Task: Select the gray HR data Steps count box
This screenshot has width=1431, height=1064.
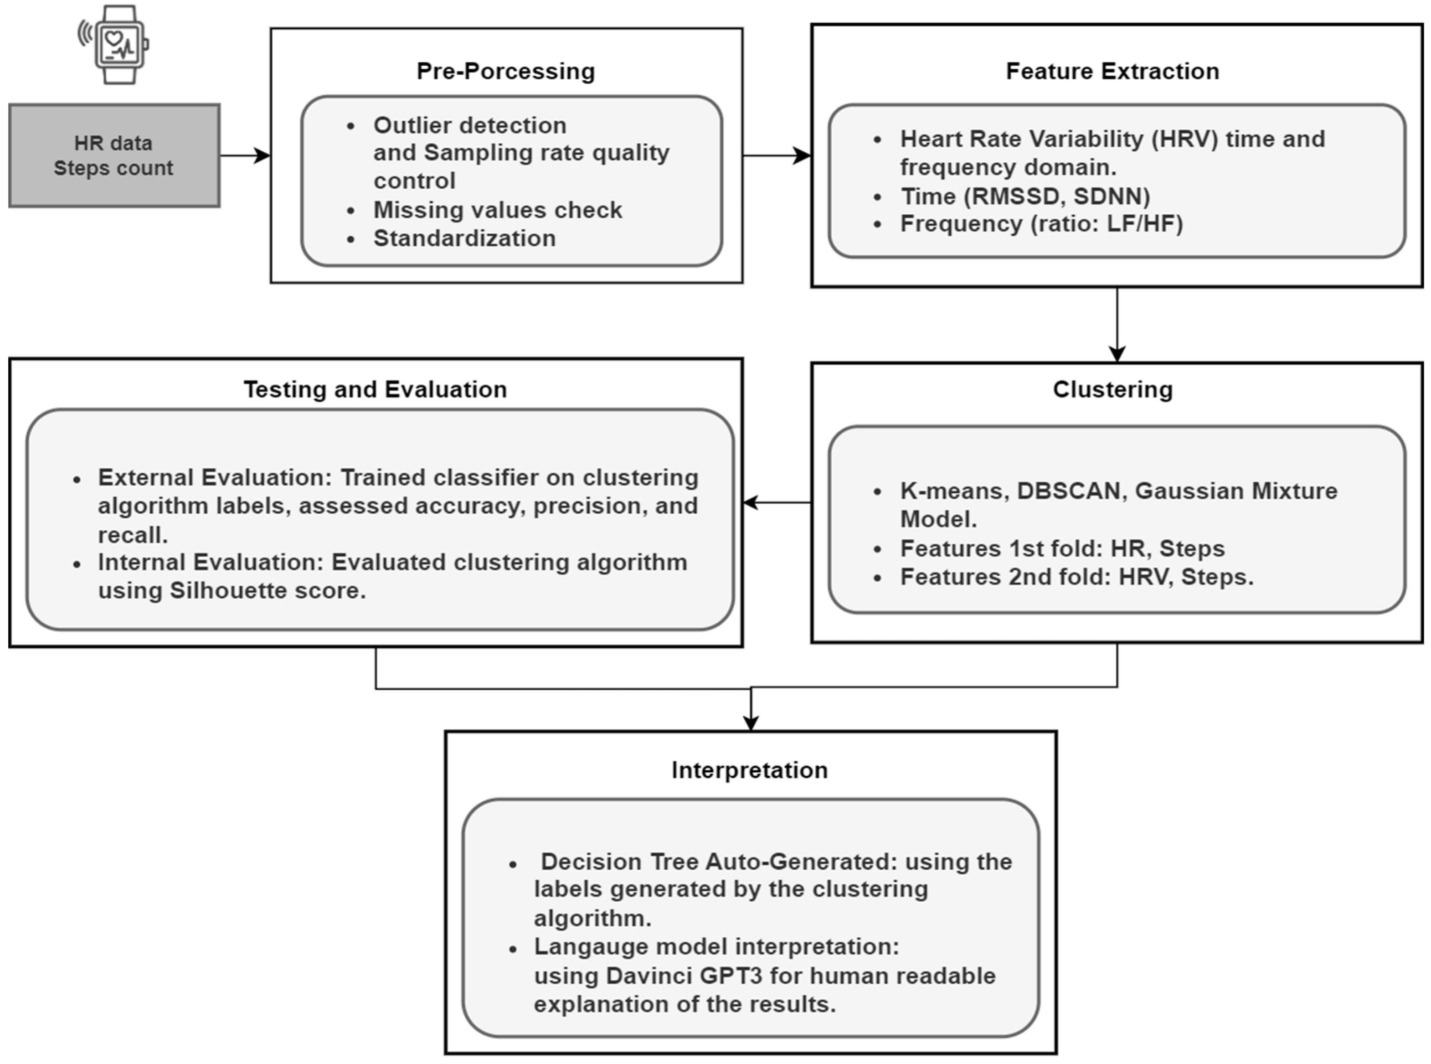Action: tap(114, 155)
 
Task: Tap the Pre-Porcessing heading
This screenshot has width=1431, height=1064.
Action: tap(505, 71)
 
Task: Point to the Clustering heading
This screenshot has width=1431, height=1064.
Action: tap(1112, 389)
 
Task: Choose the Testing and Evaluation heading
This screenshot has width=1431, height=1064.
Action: tap(375, 389)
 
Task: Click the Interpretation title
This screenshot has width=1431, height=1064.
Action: tap(749, 770)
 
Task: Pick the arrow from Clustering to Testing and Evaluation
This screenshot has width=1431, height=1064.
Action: tap(776, 502)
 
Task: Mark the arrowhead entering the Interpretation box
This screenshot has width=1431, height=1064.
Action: tap(751, 722)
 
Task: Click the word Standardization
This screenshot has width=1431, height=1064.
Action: tap(464, 238)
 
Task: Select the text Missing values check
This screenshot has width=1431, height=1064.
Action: tap(498, 210)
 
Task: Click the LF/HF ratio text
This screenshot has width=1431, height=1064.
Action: tap(1144, 223)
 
